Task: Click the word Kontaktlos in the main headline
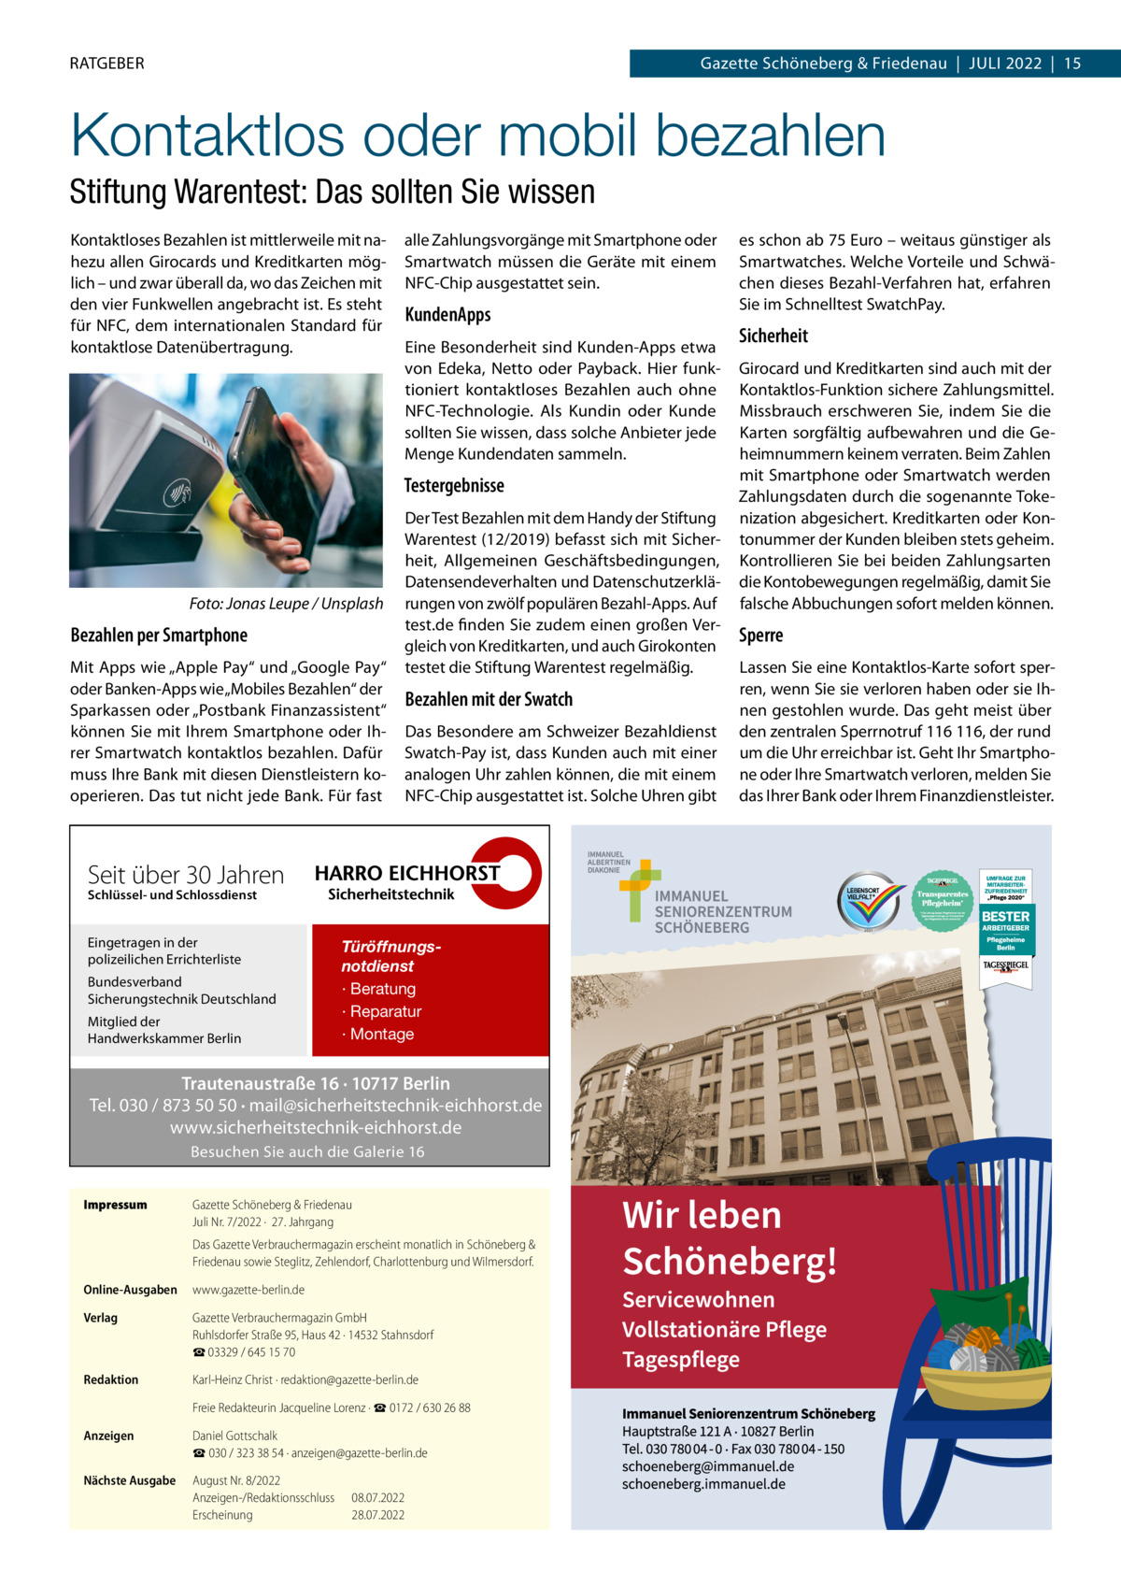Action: [209, 136]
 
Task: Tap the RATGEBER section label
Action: [106, 64]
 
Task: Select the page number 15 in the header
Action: [1071, 64]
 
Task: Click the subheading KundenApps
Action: [447, 315]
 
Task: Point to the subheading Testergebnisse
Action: [454, 486]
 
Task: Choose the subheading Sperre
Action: [760, 636]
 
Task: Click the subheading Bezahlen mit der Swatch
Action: [489, 699]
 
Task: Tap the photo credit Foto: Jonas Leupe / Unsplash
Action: [286, 604]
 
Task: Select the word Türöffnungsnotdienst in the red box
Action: [390, 956]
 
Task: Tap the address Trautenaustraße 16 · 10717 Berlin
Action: [315, 1083]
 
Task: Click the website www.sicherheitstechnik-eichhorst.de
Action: [315, 1128]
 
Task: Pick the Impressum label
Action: [115, 1205]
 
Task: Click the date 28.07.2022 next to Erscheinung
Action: [377, 1515]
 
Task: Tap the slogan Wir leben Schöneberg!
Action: [729, 1237]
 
